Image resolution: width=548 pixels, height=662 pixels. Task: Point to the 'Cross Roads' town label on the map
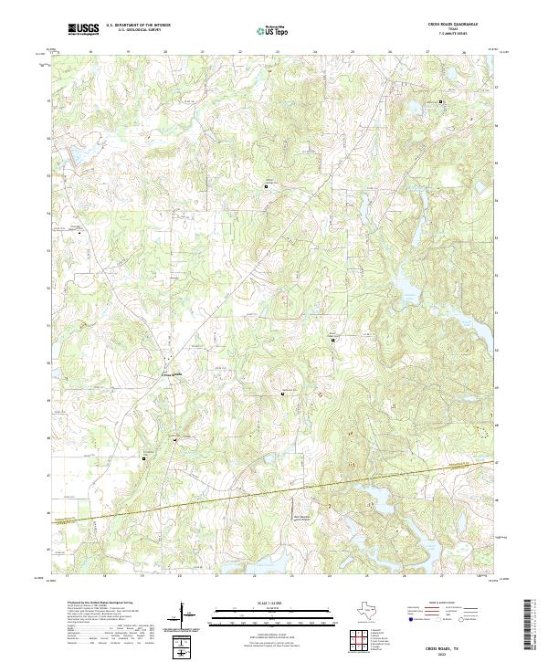click(x=172, y=373)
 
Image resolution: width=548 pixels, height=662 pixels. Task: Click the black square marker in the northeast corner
click(x=441, y=101)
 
